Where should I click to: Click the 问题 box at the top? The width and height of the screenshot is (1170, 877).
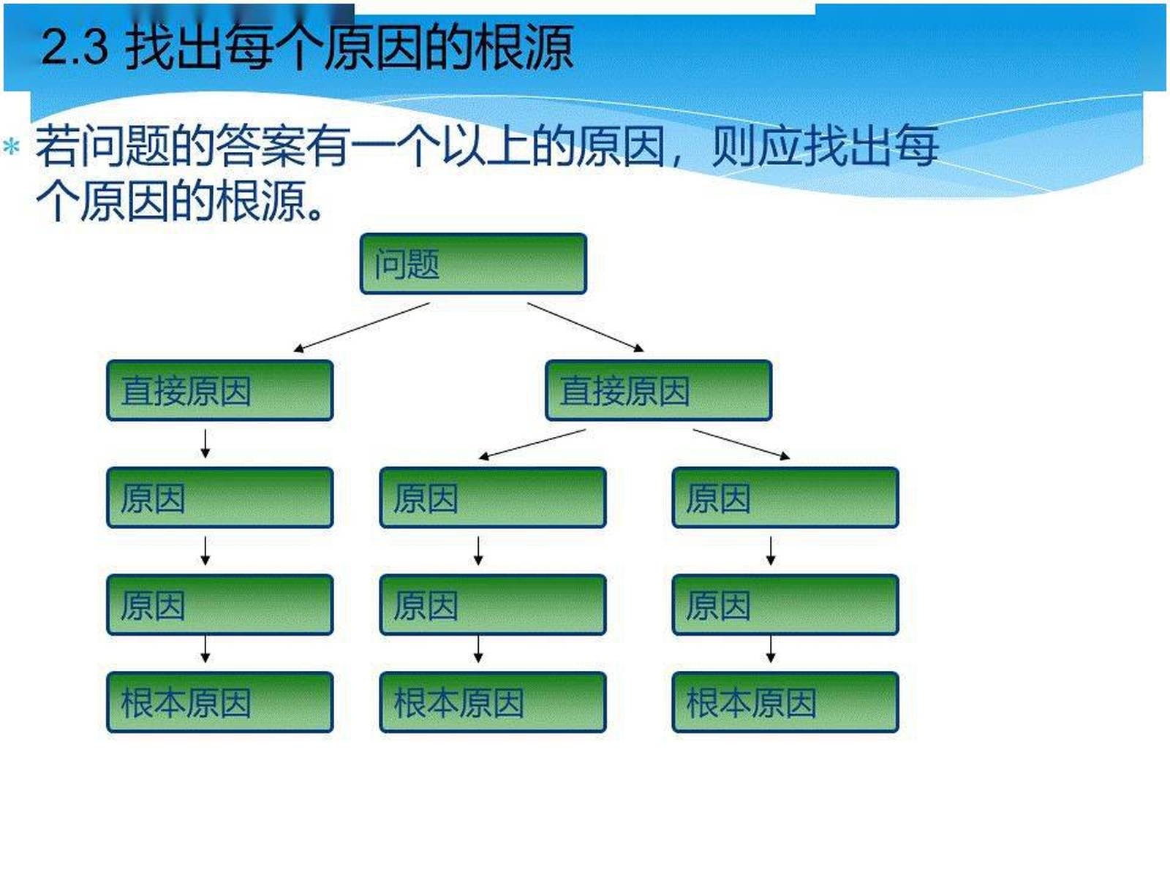[473, 264]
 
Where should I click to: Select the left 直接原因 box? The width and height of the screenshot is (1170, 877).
[219, 390]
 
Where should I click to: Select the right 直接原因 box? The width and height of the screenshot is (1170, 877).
[658, 390]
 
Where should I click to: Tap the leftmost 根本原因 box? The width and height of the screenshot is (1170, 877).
[219, 702]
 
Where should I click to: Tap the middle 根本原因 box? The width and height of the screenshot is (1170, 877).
[492, 702]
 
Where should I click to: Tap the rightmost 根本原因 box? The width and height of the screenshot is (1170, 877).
[785, 702]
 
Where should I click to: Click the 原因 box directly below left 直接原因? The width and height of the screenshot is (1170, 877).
[219, 498]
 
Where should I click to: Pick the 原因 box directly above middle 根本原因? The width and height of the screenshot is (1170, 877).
[492, 604]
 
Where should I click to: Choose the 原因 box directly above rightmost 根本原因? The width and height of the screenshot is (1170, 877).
[785, 604]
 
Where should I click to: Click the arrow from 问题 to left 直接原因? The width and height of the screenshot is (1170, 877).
[362, 327]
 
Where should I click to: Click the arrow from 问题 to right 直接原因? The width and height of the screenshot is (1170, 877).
[585, 327]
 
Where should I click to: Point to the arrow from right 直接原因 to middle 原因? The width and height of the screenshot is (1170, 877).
[532, 444]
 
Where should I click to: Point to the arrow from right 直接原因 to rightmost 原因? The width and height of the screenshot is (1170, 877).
[741, 444]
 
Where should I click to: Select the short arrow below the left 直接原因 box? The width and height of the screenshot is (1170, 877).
[205, 444]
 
